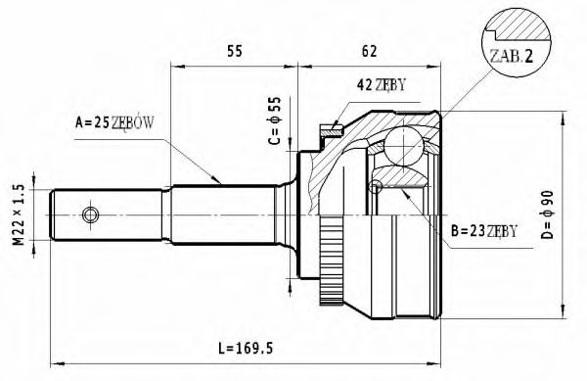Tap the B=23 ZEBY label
(x=481, y=232)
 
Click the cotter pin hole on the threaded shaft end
(x=91, y=214)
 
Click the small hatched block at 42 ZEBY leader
(x=334, y=125)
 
